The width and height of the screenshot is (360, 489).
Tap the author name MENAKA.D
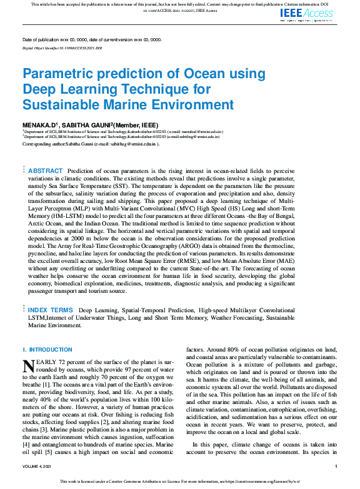tap(41, 125)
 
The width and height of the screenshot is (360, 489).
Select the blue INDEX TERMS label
tap(51, 310)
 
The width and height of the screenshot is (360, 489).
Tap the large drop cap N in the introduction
tap(28, 365)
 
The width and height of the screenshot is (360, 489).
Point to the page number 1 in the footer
tap(336, 467)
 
